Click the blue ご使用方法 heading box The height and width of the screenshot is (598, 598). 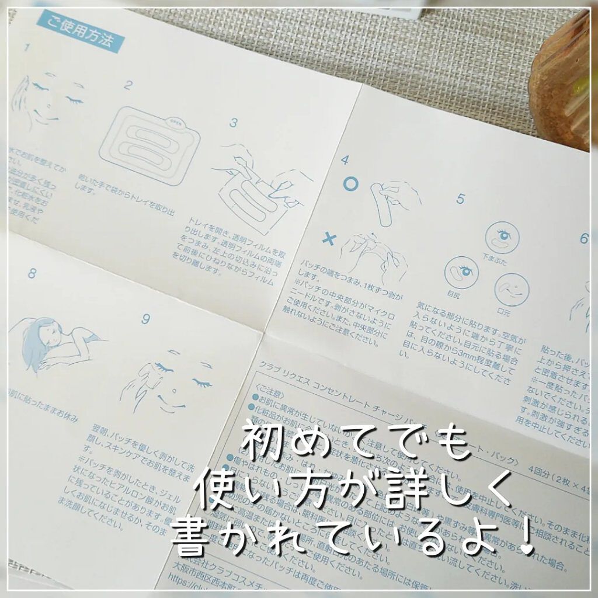pyautogui.click(x=80, y=34)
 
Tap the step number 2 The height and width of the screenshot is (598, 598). pyautogui.click(x=128, y=85)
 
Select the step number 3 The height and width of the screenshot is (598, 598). pyautogui.click(x=234, y=123)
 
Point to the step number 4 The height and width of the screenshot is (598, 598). pyautogui.click(x=345, y=159)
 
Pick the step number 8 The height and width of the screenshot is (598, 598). pyautogui.click(x=32, y=273)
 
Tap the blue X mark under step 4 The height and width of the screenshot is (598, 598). pyautogui.click(x=331, y=239)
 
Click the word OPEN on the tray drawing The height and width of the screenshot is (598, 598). pyautogui.click(x=175, y=123)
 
